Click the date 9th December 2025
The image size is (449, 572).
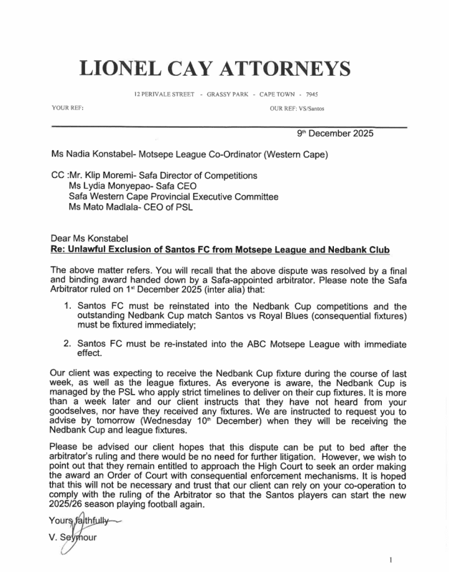pos(335,133)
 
